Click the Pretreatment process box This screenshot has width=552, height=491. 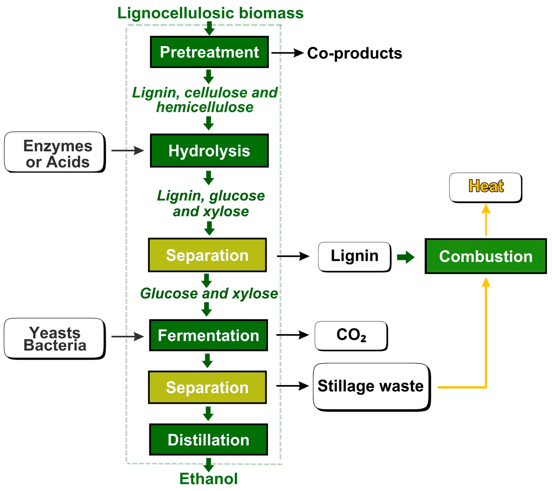(209, 52)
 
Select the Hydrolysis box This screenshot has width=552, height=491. (209, 151)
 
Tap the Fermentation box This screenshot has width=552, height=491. (208, 335)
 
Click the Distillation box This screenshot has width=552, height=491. (208, 439)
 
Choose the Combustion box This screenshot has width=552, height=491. (485, 256)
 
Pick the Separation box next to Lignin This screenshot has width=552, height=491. (207, 255)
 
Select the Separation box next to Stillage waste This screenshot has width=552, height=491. (207, 387)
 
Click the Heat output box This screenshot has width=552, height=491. (485, 187)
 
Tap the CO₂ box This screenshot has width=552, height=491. (351, 335)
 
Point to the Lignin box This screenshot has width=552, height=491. (354, 256)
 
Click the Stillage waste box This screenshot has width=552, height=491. (371, 386)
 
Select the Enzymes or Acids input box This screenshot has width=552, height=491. (55, 152)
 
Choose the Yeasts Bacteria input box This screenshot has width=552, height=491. (55, 338)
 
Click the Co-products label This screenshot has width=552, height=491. (354, 53)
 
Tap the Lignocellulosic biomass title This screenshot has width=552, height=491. (210, 13)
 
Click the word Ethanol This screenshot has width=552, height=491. (208, 479)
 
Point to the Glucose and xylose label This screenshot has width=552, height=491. (209, 293)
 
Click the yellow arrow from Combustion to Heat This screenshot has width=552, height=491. (485, 220)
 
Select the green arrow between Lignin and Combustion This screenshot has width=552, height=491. (406, 257)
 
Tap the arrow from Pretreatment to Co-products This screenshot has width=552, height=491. (287, 53)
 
